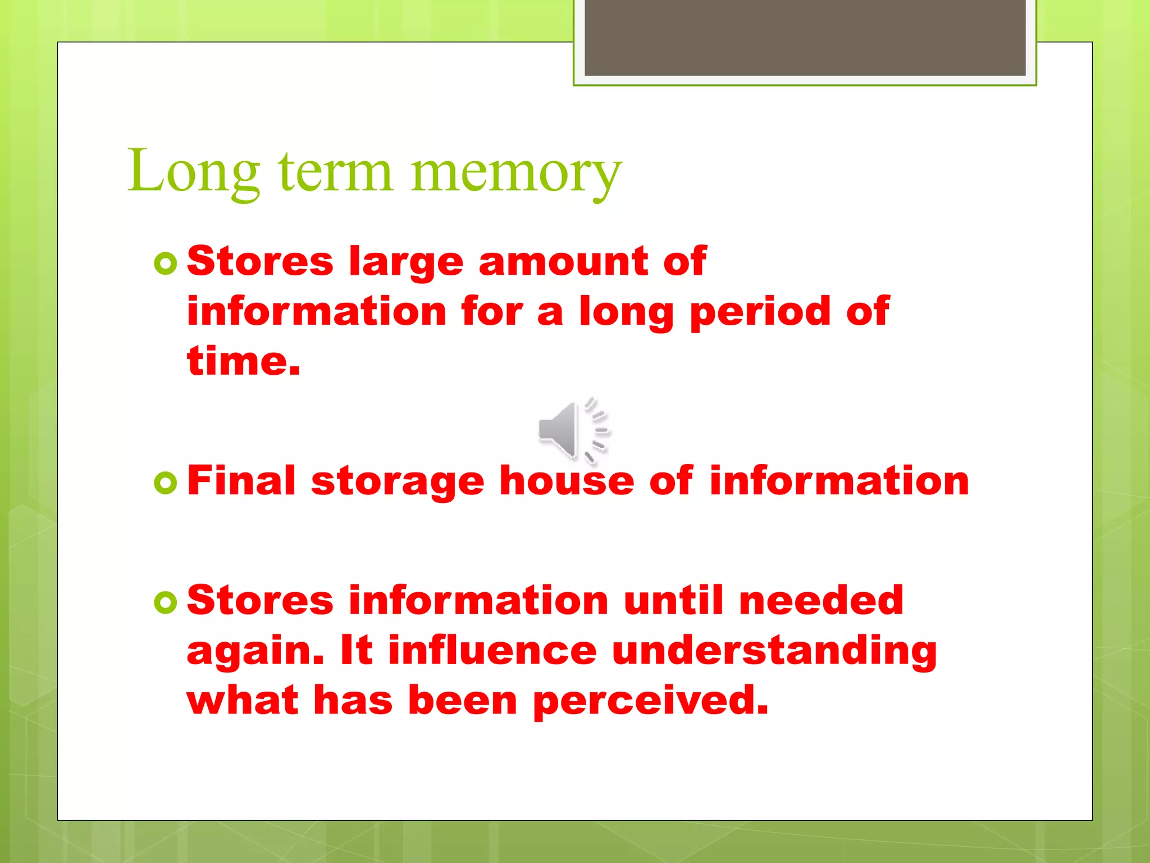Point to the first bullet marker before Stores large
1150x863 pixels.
tap(166, 263)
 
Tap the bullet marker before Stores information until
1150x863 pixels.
tap(166, 602)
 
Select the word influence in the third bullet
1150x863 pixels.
tap(492, 651)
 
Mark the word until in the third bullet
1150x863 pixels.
tap(673, 601)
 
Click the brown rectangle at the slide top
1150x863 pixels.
tap(805, 38)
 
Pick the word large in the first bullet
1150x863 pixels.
tap(406, 263)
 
